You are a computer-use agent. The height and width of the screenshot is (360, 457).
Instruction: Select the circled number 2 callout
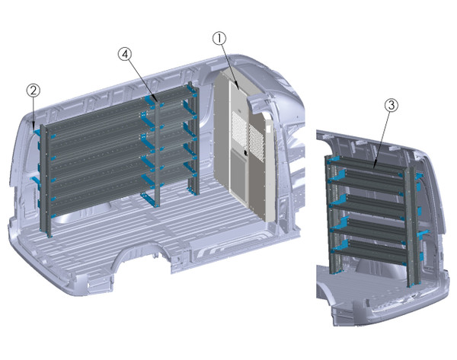[33, 90]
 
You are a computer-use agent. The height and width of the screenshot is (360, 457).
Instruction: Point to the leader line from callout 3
[383, 137]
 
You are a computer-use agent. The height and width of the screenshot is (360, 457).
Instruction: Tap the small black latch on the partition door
[245, 155]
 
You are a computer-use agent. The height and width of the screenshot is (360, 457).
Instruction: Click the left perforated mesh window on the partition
[238, 131]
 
